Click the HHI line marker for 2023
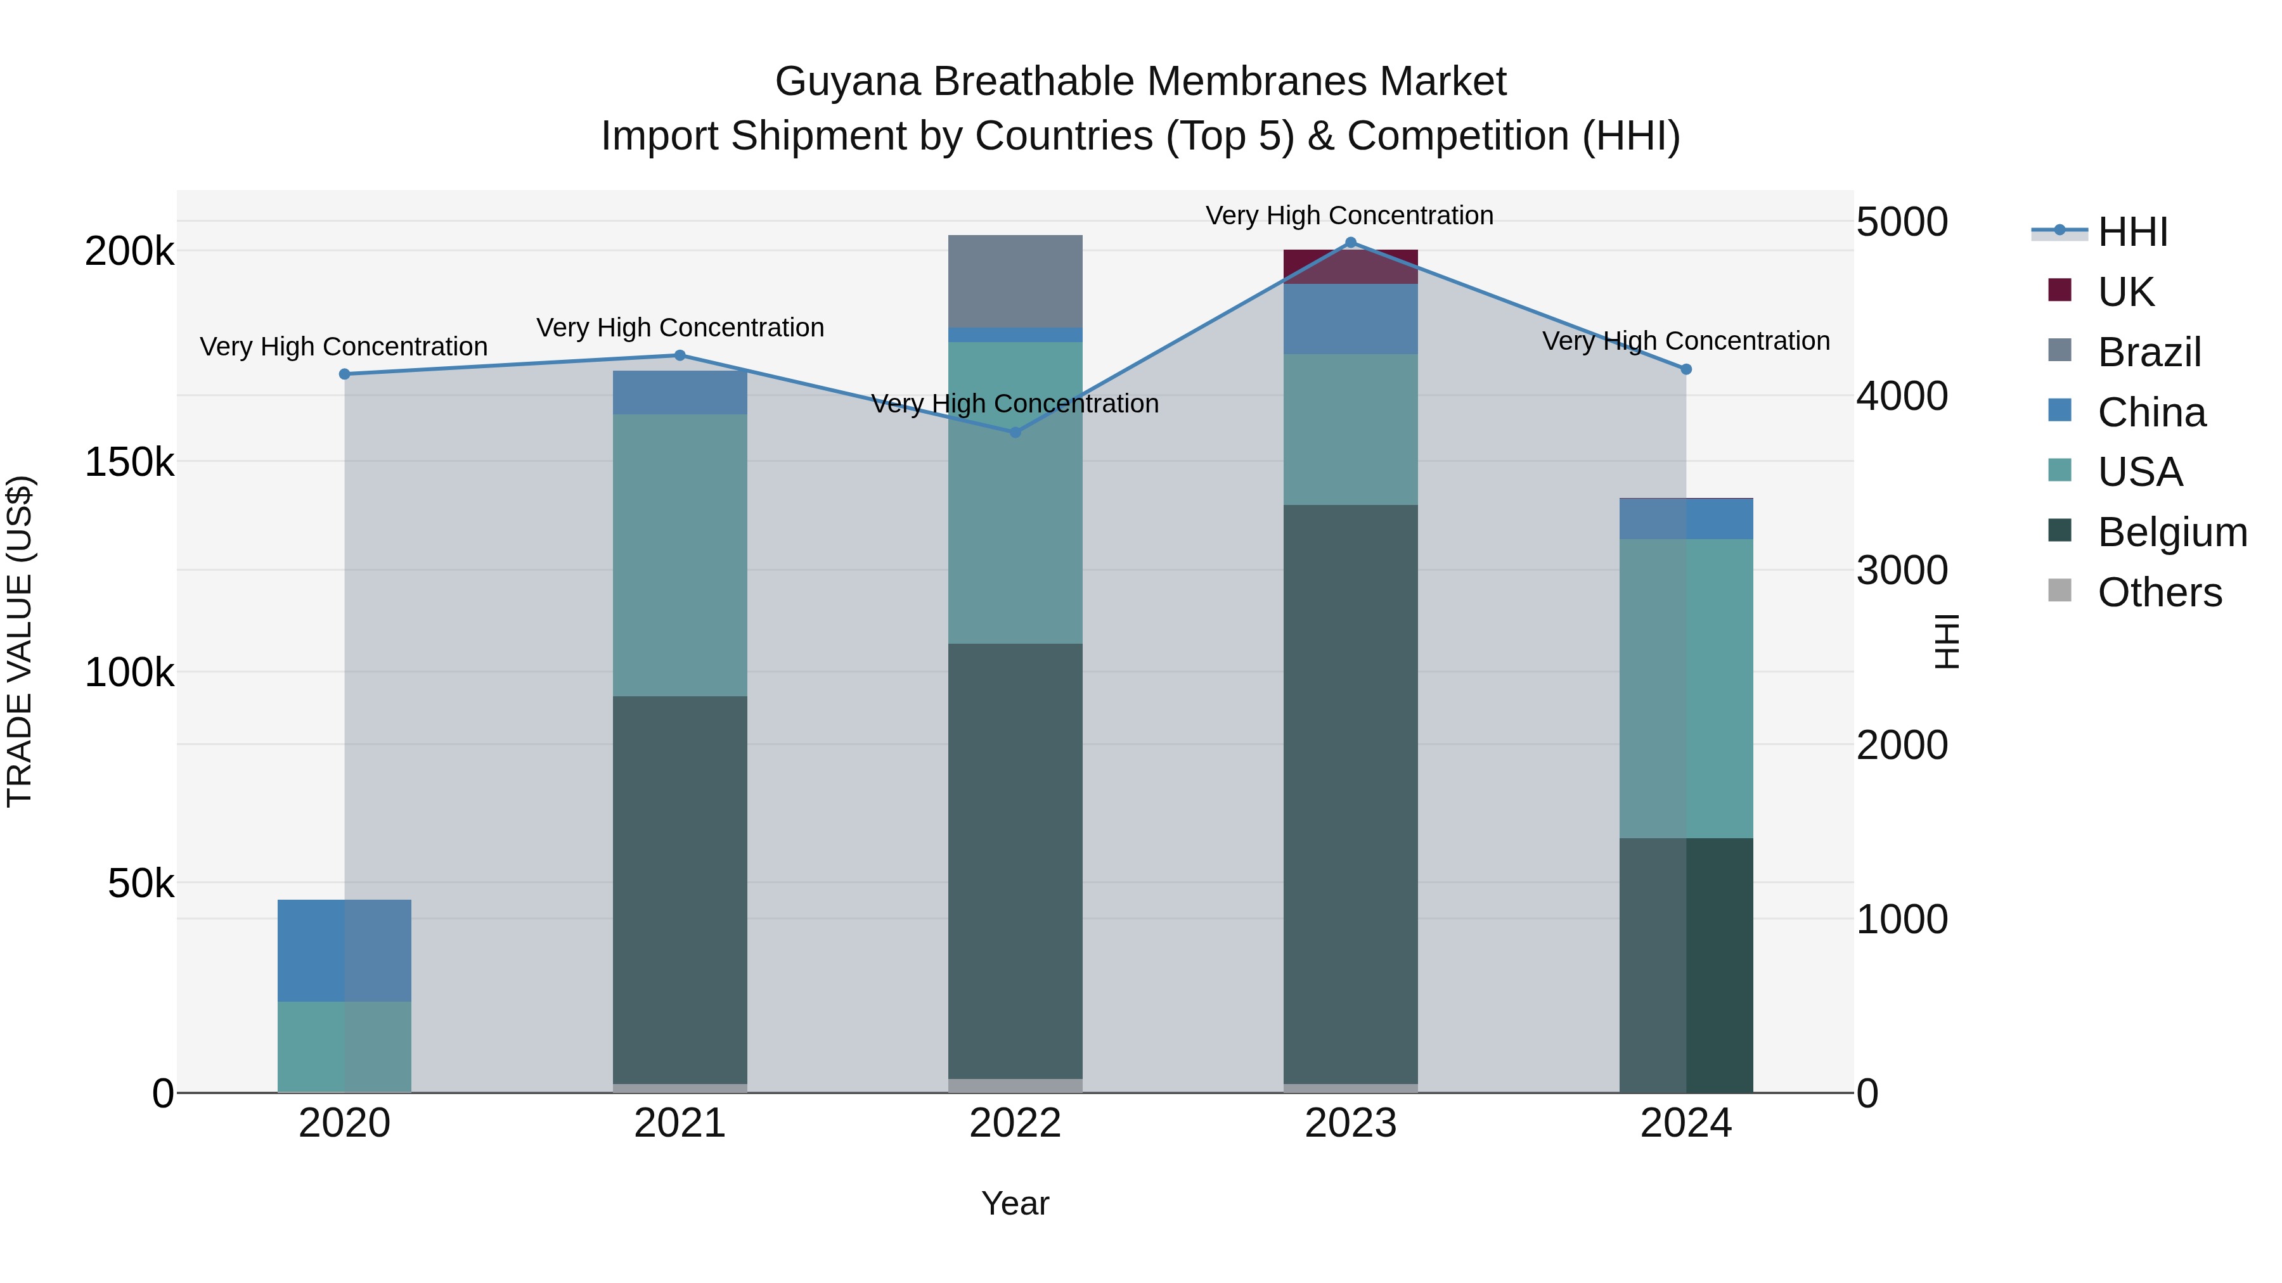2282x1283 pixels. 1350,243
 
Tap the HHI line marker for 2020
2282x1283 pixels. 345,374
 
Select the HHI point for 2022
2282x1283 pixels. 1015,432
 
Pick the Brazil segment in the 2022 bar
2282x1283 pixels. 1015,281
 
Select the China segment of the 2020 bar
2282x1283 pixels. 345,950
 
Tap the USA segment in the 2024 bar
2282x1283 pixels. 1686,688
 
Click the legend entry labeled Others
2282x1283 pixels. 2159,592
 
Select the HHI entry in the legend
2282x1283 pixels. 2132,232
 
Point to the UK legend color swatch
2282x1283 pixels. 2060,290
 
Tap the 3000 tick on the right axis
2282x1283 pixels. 1902,570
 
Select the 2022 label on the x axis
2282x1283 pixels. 1015,1123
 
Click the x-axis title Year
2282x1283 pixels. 1015,1203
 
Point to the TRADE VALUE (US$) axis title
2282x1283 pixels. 20,641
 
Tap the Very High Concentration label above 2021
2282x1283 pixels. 680,328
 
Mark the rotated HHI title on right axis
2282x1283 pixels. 1946,641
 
